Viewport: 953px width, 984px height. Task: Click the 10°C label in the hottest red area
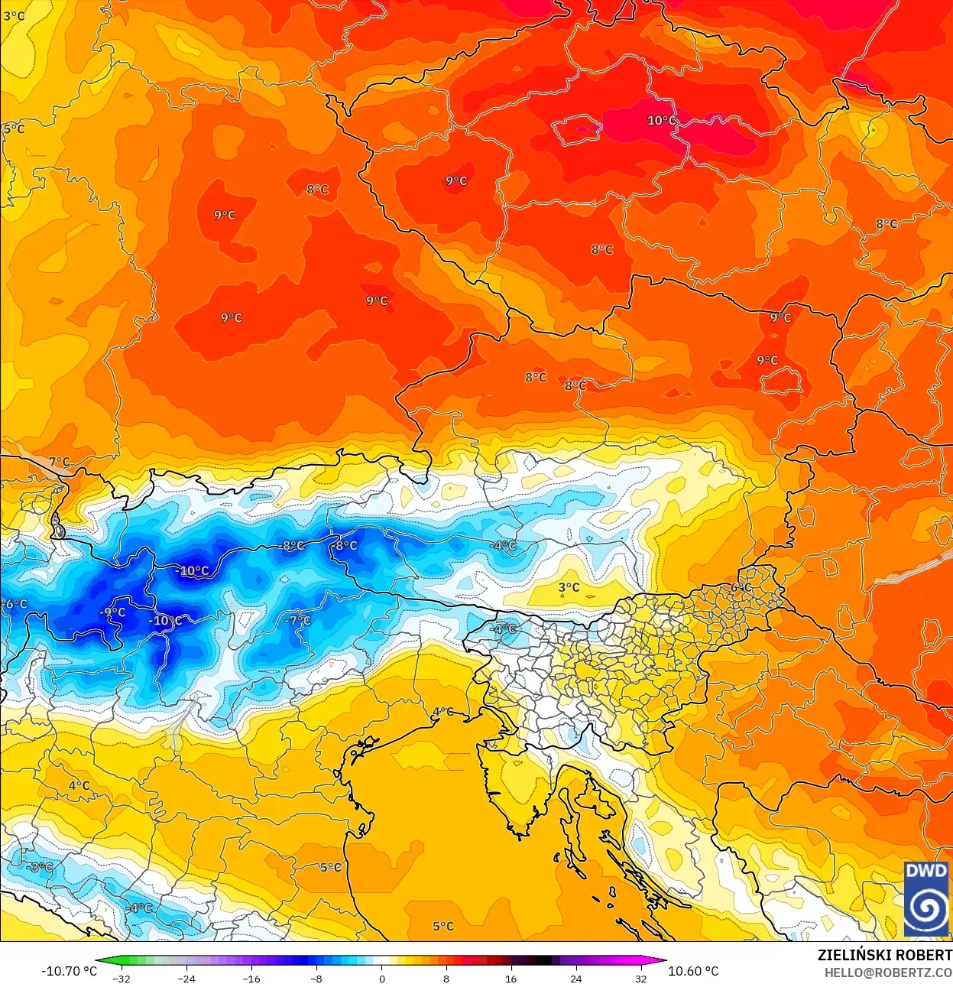point(661,121)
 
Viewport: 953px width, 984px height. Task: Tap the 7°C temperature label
point(59,462)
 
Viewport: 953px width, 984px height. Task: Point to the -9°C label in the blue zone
point(112,612)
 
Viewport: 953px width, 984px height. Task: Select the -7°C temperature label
point(298,620)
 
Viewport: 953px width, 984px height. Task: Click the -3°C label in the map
point(40,867)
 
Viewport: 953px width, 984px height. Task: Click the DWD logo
point(925,898)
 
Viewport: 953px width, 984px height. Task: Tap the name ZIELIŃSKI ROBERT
point(884,955)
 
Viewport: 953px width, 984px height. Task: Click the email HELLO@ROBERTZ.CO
point(888,973)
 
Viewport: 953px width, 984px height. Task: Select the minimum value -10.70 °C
point(69,971)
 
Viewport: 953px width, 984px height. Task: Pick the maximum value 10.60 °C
point(693,971)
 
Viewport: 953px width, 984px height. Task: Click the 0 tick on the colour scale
point(381,978)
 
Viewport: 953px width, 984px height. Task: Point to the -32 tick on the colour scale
point(122,978)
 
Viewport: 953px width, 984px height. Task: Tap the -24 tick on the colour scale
point(186,978)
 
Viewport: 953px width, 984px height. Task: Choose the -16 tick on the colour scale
point(251,978)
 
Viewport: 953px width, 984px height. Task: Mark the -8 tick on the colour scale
point(316,978)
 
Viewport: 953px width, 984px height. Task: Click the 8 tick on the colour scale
point(446,978)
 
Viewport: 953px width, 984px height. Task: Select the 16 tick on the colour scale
point(511,978)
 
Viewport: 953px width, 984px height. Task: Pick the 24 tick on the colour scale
point(576,978)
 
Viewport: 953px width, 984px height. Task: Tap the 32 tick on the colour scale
point(641,978)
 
